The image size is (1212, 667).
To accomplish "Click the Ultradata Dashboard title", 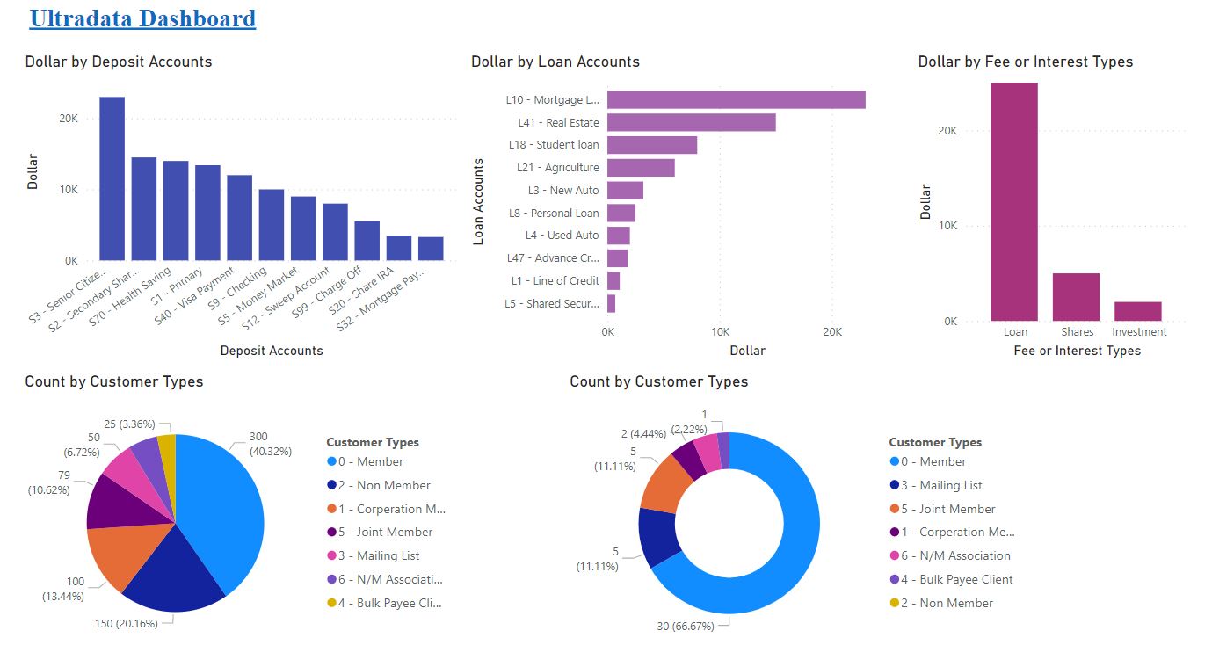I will (x=142, y=18).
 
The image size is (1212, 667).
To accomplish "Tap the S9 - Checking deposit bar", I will (x=272, y=225).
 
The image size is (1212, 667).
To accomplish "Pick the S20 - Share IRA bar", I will (x=399, y=248).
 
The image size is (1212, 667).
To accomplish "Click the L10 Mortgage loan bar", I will (x=736, y=99).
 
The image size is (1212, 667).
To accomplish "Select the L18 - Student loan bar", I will (x=652, y=145).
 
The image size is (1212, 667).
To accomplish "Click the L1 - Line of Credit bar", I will (x=613, y=281).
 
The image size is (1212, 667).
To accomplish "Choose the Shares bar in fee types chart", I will (x=1076, y=297).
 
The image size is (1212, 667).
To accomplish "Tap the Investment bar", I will (x=1137, y=311).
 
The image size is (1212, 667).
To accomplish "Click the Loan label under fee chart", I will (x=1015, y=332).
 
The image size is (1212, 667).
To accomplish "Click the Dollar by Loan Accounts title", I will (x=555, y=62).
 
